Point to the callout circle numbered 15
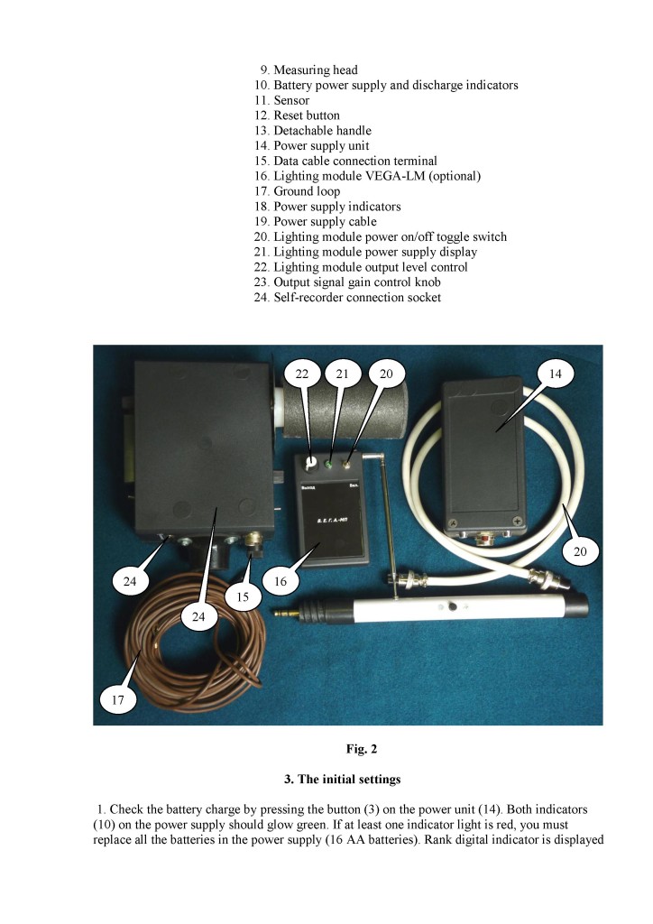click(x=243, y=596)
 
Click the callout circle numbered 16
click(x=280, y=582)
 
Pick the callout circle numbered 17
click(x=116, y=698)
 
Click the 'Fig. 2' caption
click(x=348, y=748)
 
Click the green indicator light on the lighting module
click(x=330, y=466)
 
